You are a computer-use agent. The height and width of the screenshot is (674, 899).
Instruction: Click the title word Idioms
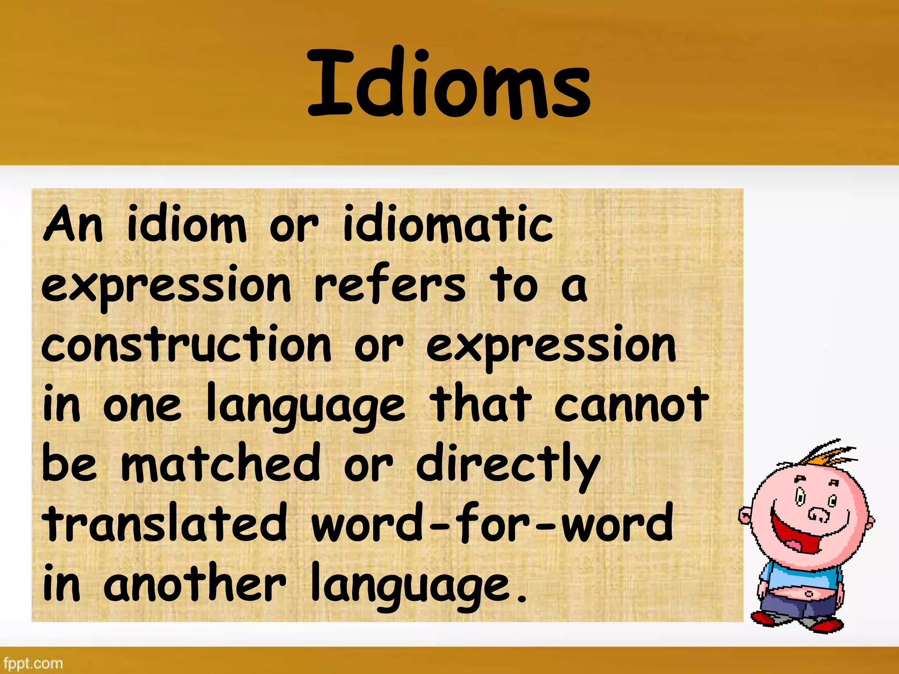[x=449, y=83]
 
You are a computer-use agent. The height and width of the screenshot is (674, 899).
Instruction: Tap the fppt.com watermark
[x=33, y=663]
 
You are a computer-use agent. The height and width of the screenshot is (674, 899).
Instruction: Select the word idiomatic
[x=448, y=225]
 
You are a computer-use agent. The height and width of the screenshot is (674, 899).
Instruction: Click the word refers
[x=390, y=285]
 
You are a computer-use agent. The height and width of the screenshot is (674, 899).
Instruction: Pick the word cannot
[x=631, y=404]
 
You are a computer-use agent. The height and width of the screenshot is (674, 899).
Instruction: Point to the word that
[x=480, y=404]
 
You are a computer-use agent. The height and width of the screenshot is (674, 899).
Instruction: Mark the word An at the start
[x=73, y=225]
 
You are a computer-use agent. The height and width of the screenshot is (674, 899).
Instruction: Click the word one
[x=142, y=406]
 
